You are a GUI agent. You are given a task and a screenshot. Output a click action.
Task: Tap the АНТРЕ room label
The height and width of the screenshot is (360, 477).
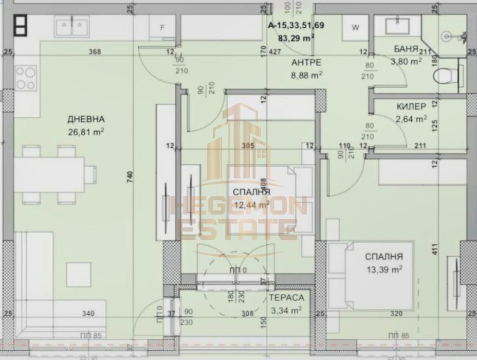pos(306,62)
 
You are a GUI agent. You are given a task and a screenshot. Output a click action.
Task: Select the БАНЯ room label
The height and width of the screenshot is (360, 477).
pos(405,49)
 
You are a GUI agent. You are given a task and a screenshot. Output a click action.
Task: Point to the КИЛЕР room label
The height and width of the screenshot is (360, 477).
pos(411,107)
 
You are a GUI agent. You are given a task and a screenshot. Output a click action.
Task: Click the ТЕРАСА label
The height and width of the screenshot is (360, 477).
pos(286,298)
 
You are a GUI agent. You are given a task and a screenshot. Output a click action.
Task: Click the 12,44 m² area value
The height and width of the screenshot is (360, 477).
pos(252,205)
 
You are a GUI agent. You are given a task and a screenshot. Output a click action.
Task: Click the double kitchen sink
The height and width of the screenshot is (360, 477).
pos(72,27)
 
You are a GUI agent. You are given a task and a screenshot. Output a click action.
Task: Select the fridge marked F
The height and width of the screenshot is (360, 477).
pos(162,28)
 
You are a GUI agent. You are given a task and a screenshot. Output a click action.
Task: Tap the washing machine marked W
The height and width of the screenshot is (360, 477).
pos(355,28)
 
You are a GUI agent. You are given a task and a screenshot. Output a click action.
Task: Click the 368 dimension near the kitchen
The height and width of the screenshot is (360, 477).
pos(94,51)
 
